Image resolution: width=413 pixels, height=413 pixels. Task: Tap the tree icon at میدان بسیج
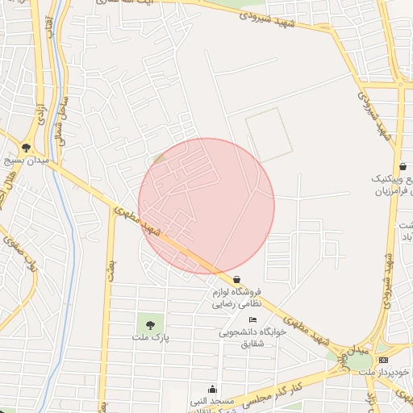27,148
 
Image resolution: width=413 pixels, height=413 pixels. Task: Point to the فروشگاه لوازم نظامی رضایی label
239,298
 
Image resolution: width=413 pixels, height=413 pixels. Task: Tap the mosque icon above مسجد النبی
212,389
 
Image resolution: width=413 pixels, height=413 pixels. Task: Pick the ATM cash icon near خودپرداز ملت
382,360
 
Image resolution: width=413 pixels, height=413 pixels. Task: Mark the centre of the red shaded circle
206,206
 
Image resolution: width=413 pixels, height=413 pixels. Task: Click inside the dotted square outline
269,133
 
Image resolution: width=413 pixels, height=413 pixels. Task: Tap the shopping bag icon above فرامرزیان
403,167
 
